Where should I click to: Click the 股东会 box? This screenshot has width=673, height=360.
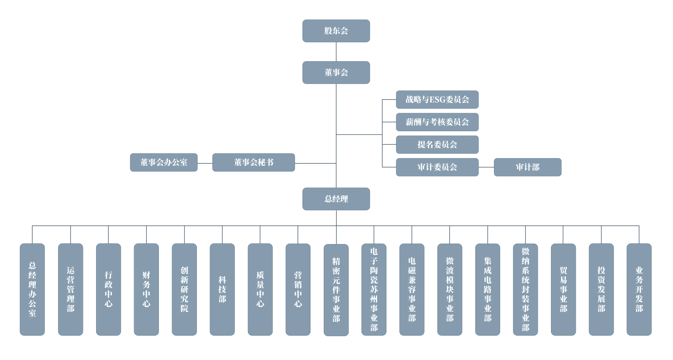336,31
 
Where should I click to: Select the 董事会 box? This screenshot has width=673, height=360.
336,72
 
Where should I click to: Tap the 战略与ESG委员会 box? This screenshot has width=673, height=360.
437,100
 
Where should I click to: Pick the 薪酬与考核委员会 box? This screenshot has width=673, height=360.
437,122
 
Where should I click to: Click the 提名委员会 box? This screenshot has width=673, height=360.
437,144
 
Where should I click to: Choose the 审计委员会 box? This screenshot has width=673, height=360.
437,167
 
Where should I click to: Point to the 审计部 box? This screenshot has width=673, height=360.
527,167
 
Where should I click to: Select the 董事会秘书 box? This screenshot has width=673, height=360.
253,162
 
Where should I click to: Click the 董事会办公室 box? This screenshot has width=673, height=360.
164,162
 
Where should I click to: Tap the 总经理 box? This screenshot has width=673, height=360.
336,198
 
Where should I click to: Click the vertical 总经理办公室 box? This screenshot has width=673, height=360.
32,289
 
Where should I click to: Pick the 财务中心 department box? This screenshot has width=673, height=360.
146,289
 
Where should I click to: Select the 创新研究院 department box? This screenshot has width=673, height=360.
184,289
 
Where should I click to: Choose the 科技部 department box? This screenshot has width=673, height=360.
222,289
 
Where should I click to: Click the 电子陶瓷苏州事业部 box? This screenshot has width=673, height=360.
374,289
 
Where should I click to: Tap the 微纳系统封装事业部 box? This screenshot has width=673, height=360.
526,289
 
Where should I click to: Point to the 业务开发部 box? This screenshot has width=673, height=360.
639,289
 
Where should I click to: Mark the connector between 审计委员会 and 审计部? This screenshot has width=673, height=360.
486,167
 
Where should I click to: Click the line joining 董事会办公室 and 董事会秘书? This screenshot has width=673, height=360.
205,163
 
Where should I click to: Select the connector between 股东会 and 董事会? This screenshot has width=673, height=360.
336,52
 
